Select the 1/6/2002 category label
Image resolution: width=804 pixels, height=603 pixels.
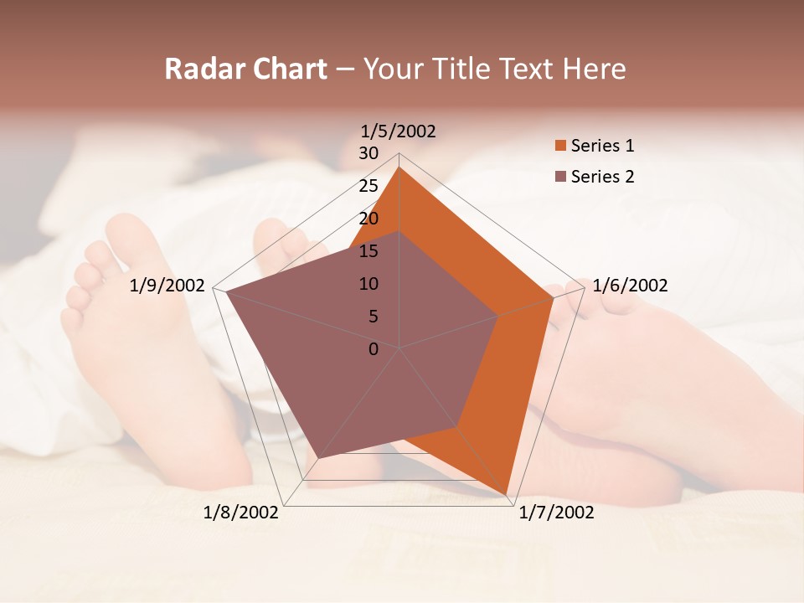pos(630,286)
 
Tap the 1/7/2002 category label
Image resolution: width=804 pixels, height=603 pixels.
pos(556,513)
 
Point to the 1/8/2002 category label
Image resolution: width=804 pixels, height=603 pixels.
pos(241,513)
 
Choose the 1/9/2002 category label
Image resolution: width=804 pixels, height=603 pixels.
pos(167,286)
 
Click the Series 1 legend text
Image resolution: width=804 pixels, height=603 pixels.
pos(602,146)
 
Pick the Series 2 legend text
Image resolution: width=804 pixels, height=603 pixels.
pos(602,177)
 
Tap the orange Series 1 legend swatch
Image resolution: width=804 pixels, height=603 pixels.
pos(559,146)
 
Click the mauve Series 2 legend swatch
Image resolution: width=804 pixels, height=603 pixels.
pos(559,177)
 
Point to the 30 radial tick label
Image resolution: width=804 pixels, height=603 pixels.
pos(368,153)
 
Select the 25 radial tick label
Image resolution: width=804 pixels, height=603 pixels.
pos(368,186)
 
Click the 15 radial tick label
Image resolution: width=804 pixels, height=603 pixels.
pos(368,251)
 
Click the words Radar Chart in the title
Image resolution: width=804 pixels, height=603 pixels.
pos(245,69)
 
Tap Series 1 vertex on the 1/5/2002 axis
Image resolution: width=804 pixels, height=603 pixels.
pos(399,167)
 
